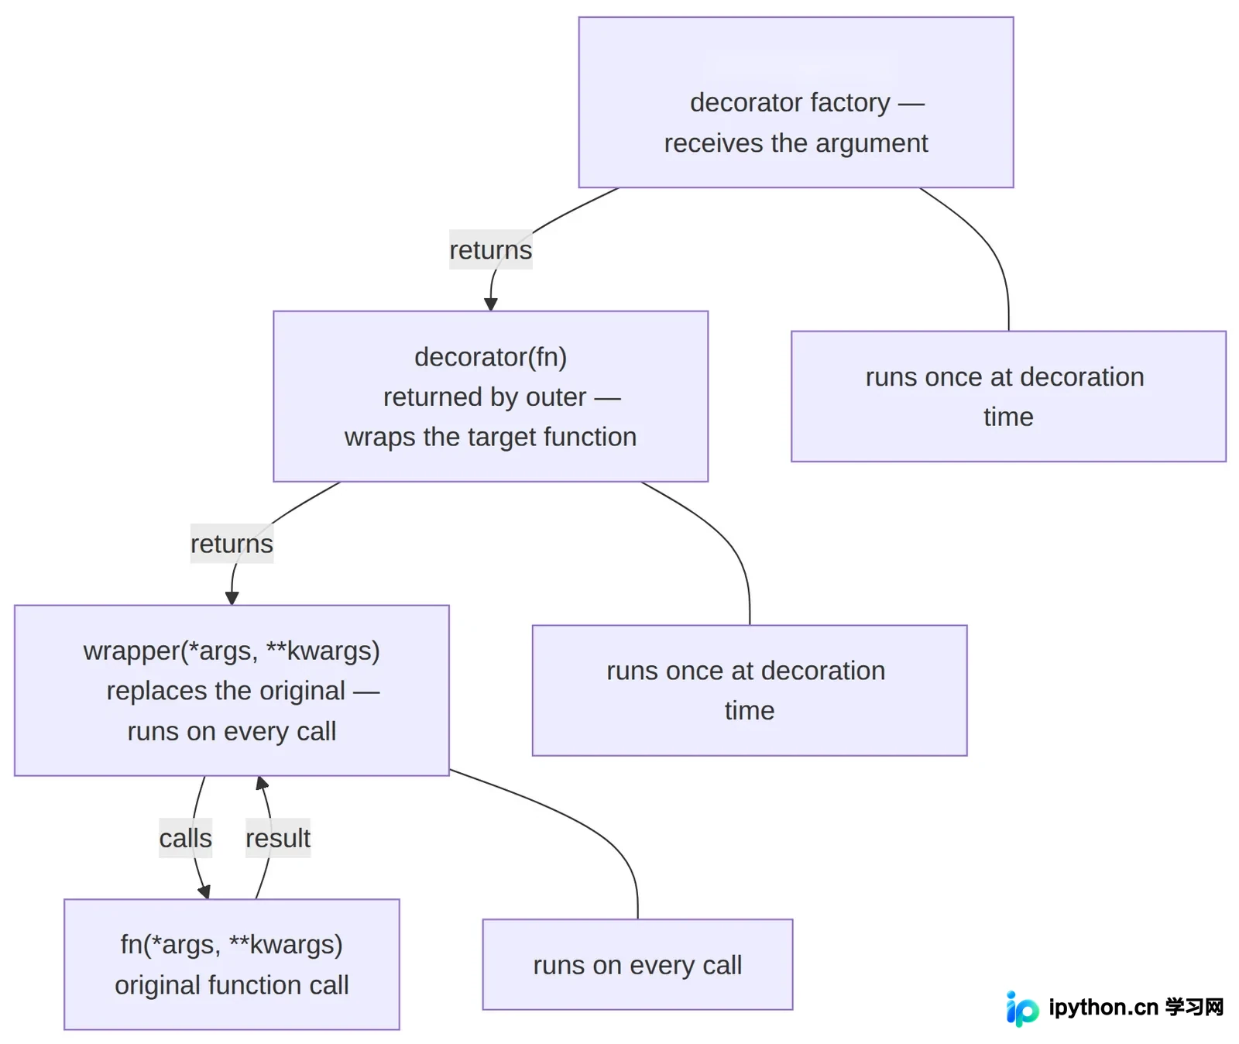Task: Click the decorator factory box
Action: point(795,102)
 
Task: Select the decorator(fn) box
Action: point(490,396)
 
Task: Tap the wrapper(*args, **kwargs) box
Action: point(232,690)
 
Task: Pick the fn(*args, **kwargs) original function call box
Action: point(232,964)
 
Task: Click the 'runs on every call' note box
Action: point(637,964)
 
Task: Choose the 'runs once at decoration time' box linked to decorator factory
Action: point(1008,397)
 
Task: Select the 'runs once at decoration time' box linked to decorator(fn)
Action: point(750,690)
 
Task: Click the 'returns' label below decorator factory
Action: point(490,249)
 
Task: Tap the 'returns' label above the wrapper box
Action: point(232,544)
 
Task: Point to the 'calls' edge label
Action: point(185,838)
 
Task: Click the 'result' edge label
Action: point(278,838)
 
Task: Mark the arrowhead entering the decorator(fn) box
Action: point(490,305)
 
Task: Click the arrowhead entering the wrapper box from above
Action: point(232,599)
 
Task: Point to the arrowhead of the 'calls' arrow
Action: point(204,892)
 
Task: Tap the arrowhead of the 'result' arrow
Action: point(262,783)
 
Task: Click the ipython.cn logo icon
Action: point(1022,1008)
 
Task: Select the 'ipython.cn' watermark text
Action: point(1103,1007)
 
